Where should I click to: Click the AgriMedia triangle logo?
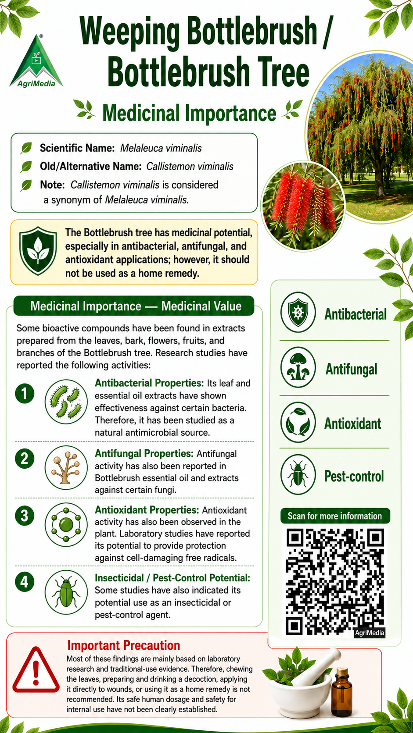click(x=36, y=62)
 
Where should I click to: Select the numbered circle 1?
click(x=25, y=393)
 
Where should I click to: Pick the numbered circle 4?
click(x=25, y=582)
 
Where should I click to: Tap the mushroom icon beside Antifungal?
click(x=298, y=367)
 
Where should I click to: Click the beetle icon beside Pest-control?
click(x=298, y=475)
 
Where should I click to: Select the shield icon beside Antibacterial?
click(x=298, y=312)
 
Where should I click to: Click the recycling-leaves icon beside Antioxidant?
click(x=298, y=422)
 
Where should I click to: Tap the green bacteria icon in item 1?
click(x=66, y=402)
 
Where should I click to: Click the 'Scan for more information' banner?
click(x=335, y=516)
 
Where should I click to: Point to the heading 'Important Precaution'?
click(x=124, y=645)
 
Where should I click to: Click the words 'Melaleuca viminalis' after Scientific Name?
click(x=161, y=148)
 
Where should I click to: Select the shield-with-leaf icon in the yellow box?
click(x=38, y=251)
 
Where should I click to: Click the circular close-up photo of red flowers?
click(x=303, y=206)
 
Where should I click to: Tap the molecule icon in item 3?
click(x=66, y=525)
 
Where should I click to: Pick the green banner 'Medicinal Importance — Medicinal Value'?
click(x=133, y=306)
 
